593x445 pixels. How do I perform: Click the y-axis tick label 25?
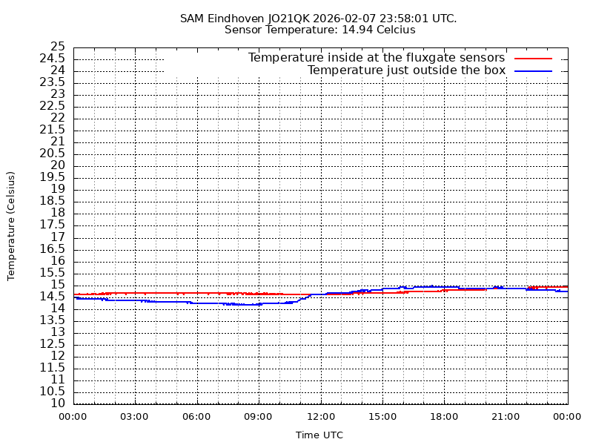58,47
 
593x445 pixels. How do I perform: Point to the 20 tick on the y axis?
58,165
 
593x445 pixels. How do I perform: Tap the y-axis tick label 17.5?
53,225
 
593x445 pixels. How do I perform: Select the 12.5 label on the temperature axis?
53,344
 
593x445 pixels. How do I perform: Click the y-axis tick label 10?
58,403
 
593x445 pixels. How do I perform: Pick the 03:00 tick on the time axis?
134,417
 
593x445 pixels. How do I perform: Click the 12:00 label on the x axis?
320,417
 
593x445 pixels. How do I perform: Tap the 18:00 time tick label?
444,417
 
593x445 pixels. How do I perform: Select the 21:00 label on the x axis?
506,417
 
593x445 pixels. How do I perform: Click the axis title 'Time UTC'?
319,435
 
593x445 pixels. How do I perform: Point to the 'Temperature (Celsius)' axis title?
11,225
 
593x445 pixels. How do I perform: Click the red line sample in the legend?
534,58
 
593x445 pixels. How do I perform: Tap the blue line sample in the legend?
534,70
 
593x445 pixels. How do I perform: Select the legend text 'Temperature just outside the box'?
406,70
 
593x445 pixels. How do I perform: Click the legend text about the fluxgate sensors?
377,58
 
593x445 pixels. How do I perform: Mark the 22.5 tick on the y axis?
53,106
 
